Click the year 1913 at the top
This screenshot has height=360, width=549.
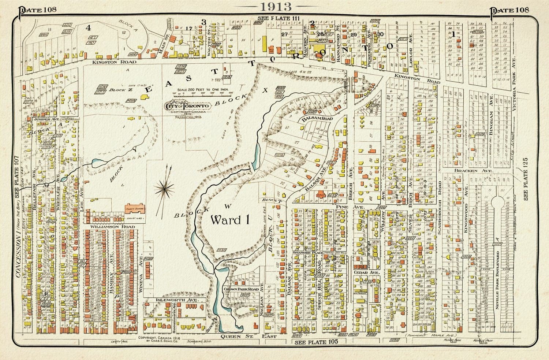point(275,6)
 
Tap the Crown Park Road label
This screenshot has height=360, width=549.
point(241,289)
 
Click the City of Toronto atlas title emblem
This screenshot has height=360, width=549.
point(188,106)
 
